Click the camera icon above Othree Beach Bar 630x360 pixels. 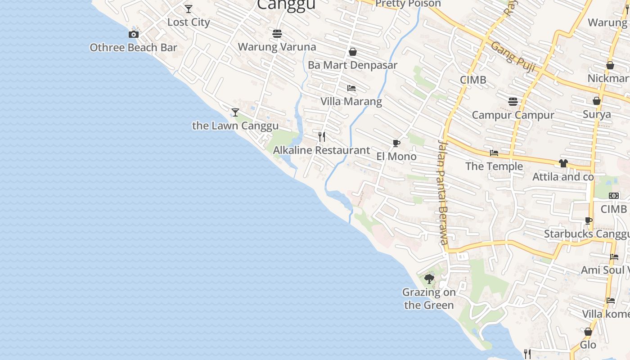point(133,34)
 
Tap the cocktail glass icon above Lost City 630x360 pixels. point(189,9)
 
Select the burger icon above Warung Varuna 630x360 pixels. point(277,34)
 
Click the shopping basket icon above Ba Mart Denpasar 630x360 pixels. point(353,52)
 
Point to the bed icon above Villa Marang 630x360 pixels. point(351,88)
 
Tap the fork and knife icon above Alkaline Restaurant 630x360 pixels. point(322,136)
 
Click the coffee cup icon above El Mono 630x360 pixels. point(396,144)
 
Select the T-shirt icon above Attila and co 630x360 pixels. point(563,163)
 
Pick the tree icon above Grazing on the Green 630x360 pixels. point(429,279)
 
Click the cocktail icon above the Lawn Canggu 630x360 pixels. point(235,112)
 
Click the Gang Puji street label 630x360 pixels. point(513,57)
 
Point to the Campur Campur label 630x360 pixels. point(513,115)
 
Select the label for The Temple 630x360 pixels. point(494,166)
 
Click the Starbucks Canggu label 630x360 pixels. point(586,234)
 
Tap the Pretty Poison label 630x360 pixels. point(408,4)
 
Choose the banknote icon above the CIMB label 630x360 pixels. point(614,196)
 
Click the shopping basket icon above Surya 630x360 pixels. point(597,101)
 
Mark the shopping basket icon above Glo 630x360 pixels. point(588,332)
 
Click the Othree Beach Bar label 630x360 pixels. point(133,48)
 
